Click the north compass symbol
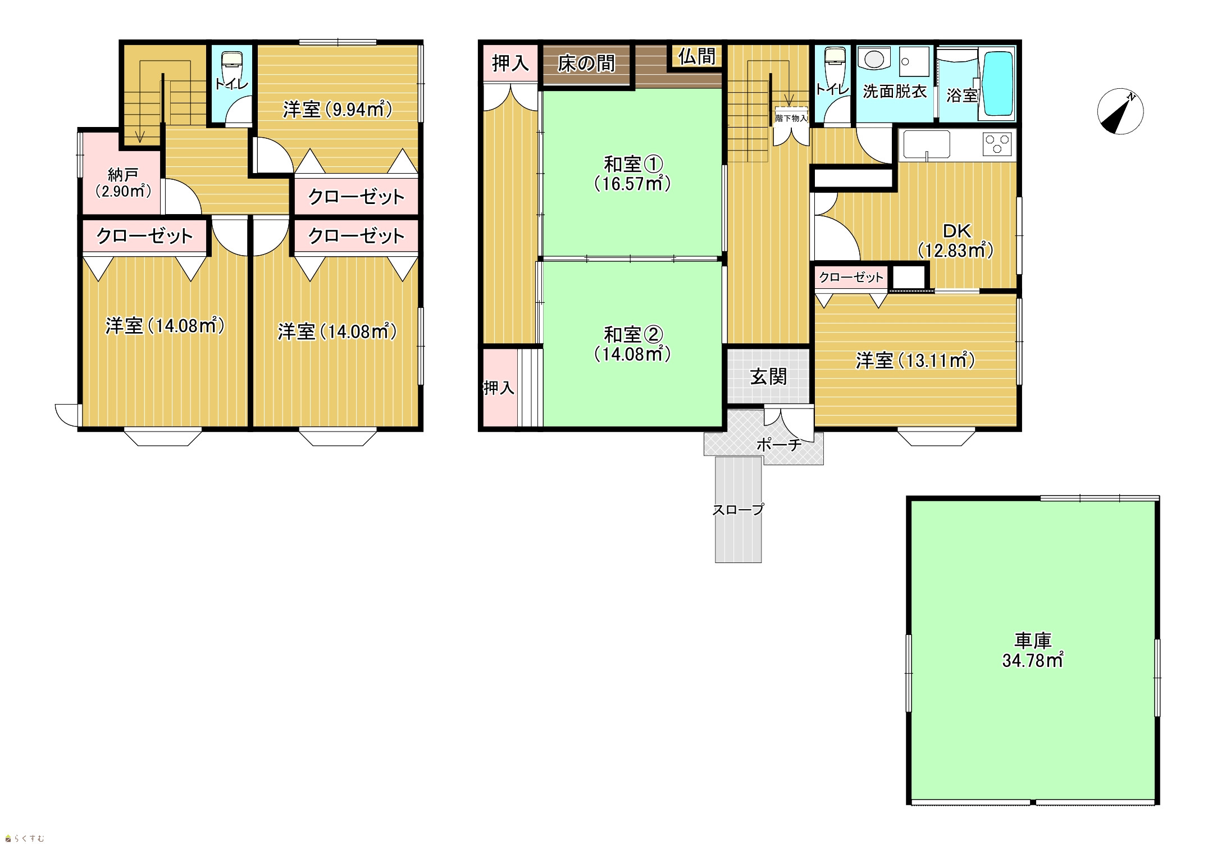[1120, 111]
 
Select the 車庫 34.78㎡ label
[1033, 650]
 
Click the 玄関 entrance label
[768, 376]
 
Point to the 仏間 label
[697, 56]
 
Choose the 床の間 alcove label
[586, 63]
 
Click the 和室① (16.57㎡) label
[633, 174]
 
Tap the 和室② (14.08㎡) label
[633, 344]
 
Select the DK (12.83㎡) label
[956, 240]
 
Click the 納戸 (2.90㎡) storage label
[123, 183]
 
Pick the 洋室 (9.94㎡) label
[338, 109]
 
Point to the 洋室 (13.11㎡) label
[915, 360]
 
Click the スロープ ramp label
[738, 509]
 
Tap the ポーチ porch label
[779, 444]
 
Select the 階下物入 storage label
[791, 118]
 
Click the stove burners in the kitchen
[997, 143]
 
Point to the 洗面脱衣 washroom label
[895, 91]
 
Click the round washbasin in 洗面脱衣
[873, 60]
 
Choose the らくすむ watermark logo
[24, 838]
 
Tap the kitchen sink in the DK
[926, 145]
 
